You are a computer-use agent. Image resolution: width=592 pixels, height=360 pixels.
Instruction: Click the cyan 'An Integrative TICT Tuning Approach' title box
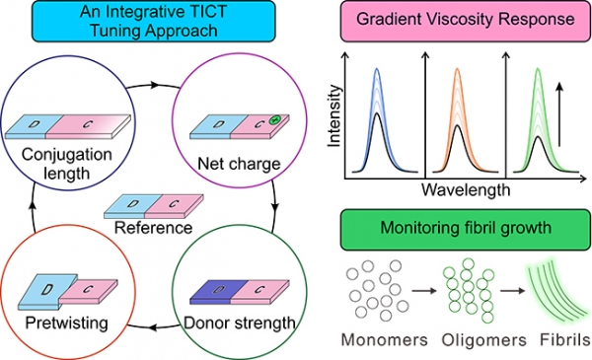pyautogui.click(x=154, y=21)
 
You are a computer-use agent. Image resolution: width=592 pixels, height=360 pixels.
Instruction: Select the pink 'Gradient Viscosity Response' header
pyautogui.click(x=466, y=21)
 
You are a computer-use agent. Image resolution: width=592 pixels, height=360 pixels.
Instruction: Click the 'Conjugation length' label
pyautogui.click(x=67, y=164)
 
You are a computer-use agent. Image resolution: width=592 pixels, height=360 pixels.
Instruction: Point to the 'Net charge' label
pyautogui.click(x=239, y=164)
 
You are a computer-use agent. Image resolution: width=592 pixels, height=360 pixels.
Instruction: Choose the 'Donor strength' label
pyautogui.click(x=240, y=323)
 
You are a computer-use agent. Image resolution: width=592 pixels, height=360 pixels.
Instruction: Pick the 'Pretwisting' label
pyautogui.click(x=67, y=324)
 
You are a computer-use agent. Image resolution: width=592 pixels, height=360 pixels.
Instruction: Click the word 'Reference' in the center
pyautogui.click(x=153, y=228)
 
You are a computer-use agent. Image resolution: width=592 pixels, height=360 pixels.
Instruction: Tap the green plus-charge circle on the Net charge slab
pyautogui.click(x=275, y=119)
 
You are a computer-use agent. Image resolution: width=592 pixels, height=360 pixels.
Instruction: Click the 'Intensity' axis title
pyautogui.click(x=334, y=115)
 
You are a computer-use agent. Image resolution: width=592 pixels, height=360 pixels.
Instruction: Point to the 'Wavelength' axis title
pyautogui.click(x=466, y=189)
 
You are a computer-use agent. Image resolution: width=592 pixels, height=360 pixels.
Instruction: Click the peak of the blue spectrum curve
pyautogui.click(x=377, y=69)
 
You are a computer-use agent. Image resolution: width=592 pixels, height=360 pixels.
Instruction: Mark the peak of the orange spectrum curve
pyautogui.click(x=457, y=69)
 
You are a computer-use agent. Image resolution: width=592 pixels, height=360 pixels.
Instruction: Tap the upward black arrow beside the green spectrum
pyautogui.click(x=559, y=114)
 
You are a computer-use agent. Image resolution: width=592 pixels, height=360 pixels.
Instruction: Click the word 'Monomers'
pyautogui.click(x=385, y=340)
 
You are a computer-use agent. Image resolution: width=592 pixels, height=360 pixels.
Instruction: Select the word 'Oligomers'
pyautogui.click(x=484, y=340)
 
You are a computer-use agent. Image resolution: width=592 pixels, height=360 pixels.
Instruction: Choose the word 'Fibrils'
pyautogui.click(x=565, y=339)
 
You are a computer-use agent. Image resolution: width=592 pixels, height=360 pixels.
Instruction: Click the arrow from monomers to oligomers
pyautogui.click(x=424, y=291)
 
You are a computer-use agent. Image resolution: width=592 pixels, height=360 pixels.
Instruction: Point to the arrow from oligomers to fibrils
pyautogui.click(x=513, y=291)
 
